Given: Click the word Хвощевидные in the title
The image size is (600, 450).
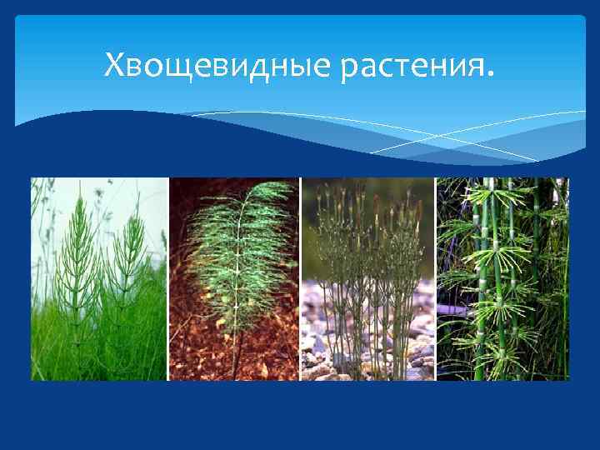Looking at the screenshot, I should coord(217,64).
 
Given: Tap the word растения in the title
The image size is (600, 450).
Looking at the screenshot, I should coord(410,66).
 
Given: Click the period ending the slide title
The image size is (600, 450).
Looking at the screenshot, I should coord(489,73).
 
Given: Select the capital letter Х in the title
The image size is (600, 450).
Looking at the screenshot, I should coord(114,63).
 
